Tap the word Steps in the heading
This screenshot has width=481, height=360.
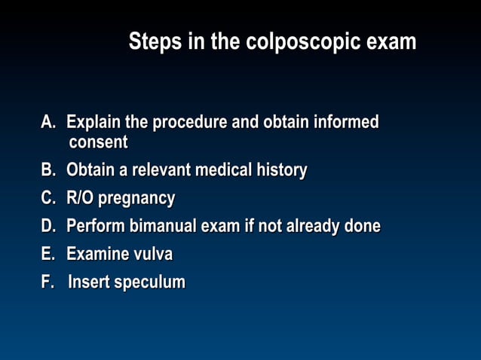(x=156, y=42)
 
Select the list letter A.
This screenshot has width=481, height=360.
(x=48, y=122)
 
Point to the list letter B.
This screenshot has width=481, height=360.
(x=48, y=171)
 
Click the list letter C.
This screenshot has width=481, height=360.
(x=48, y=199)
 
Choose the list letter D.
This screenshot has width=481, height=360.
(x=48, y=227)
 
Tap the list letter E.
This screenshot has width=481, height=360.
(x=48, y=255)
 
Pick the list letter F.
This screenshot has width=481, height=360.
(x=47, y=282)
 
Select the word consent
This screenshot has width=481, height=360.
(x=98, y=142)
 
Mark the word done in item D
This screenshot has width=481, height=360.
(x=363, y=227)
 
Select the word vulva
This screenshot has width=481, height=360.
(x=153, y=255)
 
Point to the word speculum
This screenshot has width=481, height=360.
(x=150, y=283)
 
